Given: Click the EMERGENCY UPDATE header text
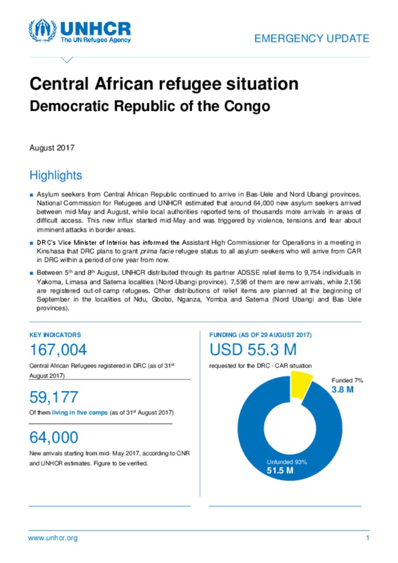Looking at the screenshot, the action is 312,38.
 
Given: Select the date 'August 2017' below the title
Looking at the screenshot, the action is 52,148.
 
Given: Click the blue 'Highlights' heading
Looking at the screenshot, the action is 56,175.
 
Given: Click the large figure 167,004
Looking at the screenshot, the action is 58,349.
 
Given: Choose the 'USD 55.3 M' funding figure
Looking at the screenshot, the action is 253,349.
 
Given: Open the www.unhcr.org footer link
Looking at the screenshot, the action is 53,538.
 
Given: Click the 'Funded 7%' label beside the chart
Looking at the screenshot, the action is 347,380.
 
